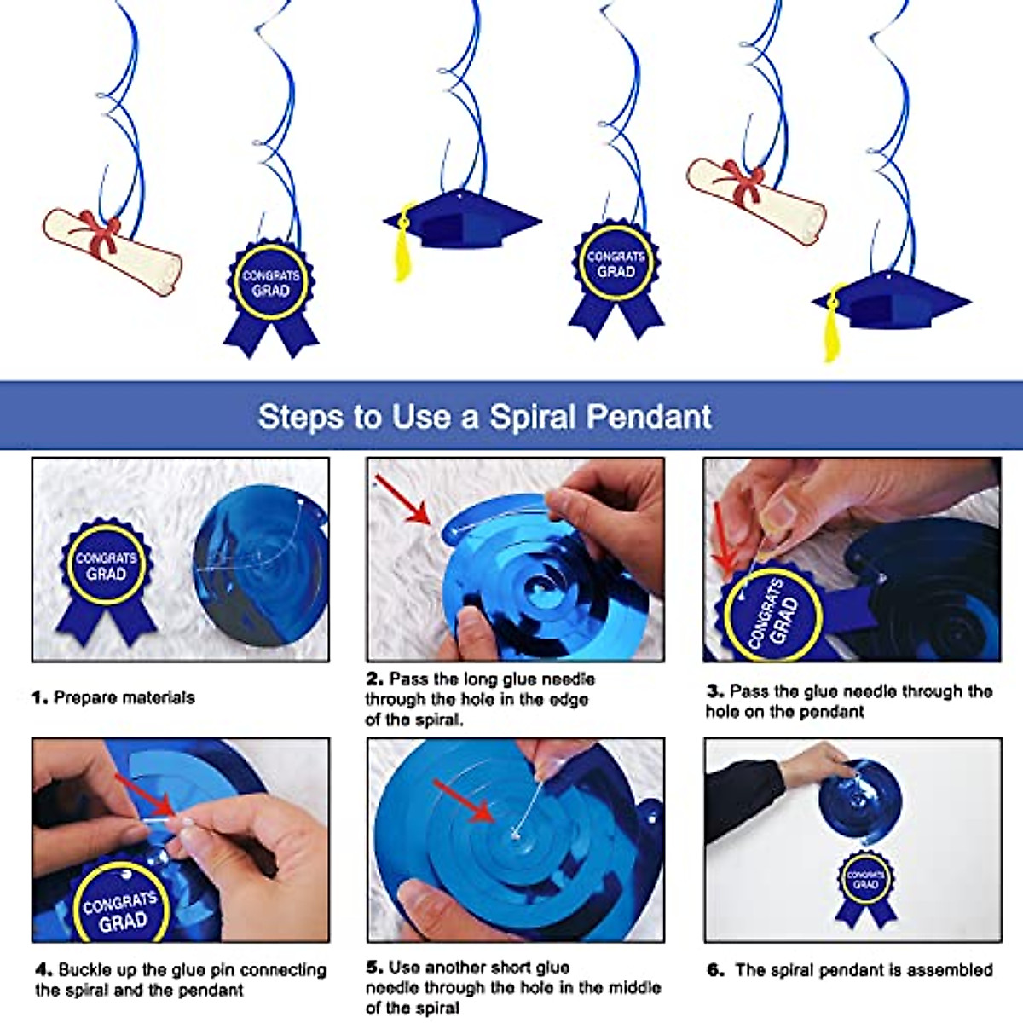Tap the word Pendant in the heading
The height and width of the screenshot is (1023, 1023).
[x=649, y=417]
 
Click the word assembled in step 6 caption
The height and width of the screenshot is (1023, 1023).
[x=950, y=970]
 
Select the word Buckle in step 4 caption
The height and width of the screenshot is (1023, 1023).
[x=84, y=970]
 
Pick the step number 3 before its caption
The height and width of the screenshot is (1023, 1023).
[x=714, y=691]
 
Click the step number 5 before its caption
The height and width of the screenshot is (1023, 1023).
[x=373, y=968]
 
